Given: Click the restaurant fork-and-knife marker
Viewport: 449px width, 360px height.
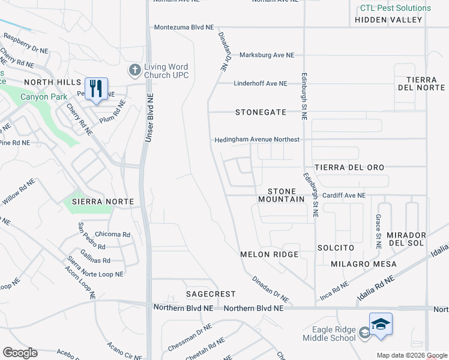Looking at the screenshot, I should tap(96, 89).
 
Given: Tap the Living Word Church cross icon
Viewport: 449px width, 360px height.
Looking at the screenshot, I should tap(134, 71).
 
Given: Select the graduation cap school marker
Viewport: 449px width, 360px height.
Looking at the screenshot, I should tap(381, 325).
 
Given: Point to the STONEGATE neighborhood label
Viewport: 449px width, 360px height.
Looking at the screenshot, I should tap(261, 112).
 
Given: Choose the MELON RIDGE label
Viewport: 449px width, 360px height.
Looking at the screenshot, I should tap(270, 254).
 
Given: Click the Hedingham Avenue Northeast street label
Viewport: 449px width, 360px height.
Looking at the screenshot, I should tap(258, 140).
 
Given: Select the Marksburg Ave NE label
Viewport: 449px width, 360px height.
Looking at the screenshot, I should tap(267, 55).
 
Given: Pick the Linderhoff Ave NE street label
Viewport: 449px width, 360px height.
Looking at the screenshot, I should tap(261, 83).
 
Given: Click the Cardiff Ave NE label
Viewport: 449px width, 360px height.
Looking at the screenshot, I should tap(343, 196).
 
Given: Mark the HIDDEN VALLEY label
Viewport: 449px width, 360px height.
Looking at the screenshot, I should tap(389, 20).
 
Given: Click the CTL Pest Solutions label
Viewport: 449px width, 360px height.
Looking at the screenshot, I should tap(396, 8).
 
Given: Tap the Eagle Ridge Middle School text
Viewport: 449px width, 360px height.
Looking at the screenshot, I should tap(326, 334).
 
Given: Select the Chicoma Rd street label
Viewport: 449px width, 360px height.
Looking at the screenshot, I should tap(113, 235).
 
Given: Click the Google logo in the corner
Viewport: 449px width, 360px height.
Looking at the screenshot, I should tap(20, 353).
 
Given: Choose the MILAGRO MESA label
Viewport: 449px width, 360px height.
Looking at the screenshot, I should tap(364, 264).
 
